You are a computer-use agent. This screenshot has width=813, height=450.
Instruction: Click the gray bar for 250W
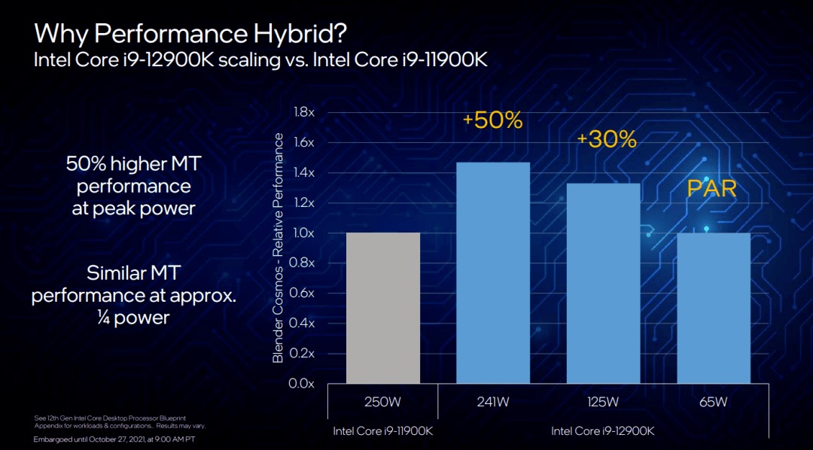point(382,309)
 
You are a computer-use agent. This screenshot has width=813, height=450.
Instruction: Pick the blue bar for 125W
point(603,284)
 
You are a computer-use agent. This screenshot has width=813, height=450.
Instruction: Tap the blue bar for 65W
point(714,309)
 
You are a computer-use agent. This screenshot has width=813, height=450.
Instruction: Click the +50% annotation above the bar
point(492,120)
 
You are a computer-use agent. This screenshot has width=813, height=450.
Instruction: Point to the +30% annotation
point(607,139)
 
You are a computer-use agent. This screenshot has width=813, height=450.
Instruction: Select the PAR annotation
point(711,188)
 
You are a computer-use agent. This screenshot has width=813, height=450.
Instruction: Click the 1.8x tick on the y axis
point(302,112)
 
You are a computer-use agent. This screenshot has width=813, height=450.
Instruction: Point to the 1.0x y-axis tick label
point(302,233)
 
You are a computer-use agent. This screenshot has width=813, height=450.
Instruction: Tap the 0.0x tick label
point(302,384)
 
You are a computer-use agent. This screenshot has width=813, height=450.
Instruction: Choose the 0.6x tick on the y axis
point(302,293)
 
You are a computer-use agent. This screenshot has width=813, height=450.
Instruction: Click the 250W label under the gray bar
point(382,402)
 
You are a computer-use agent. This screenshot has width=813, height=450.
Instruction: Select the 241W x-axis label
point(493,402)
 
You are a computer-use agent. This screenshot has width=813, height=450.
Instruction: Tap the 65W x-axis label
point(714,402)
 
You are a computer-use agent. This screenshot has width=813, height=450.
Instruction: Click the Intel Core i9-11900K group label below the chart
point(382,431)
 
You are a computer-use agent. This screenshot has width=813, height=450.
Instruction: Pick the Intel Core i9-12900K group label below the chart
point(603,431)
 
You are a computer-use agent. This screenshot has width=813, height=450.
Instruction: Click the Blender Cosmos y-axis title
point(279,248)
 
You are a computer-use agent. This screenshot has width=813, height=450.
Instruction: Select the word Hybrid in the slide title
point(291,34)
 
